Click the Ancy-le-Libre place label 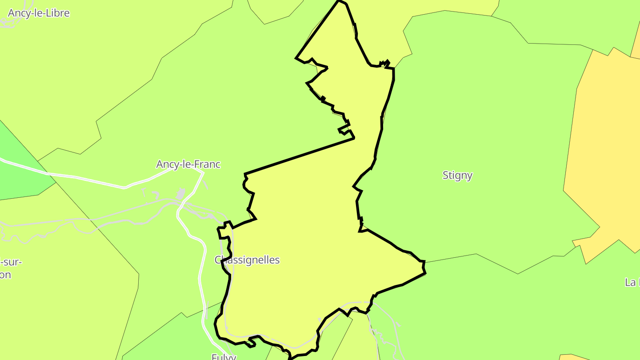pos(39,13)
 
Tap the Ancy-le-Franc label pos(188,164)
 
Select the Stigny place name pos(457,175)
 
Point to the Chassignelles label pos(247,260)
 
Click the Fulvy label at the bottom pos(224,356)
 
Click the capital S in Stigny pos(445,175)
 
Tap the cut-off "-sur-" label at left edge pos(11,262)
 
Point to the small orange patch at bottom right pos(573,357)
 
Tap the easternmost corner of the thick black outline pos(424,262)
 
